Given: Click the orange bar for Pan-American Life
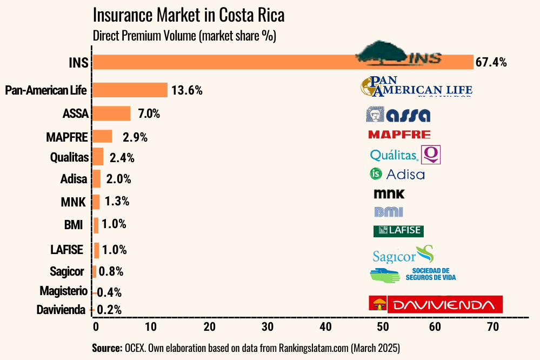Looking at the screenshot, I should (130, 90).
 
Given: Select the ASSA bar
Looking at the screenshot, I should (111, 114).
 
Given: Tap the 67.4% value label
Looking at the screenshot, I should (491, 62).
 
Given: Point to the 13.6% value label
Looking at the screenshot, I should (187, 90).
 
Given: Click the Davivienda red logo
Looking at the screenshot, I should (435, 304).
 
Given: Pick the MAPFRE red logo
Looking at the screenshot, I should (399, 135).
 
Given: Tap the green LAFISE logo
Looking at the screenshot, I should (398, 231).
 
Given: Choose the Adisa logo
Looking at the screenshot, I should (397, 174).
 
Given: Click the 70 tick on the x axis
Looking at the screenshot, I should (492, 326).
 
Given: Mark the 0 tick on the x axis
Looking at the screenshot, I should (96, 326).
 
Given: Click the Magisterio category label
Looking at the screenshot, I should (63, 291).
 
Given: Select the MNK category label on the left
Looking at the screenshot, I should (74, 202).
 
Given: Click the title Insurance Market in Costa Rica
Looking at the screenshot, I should (189, 15).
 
